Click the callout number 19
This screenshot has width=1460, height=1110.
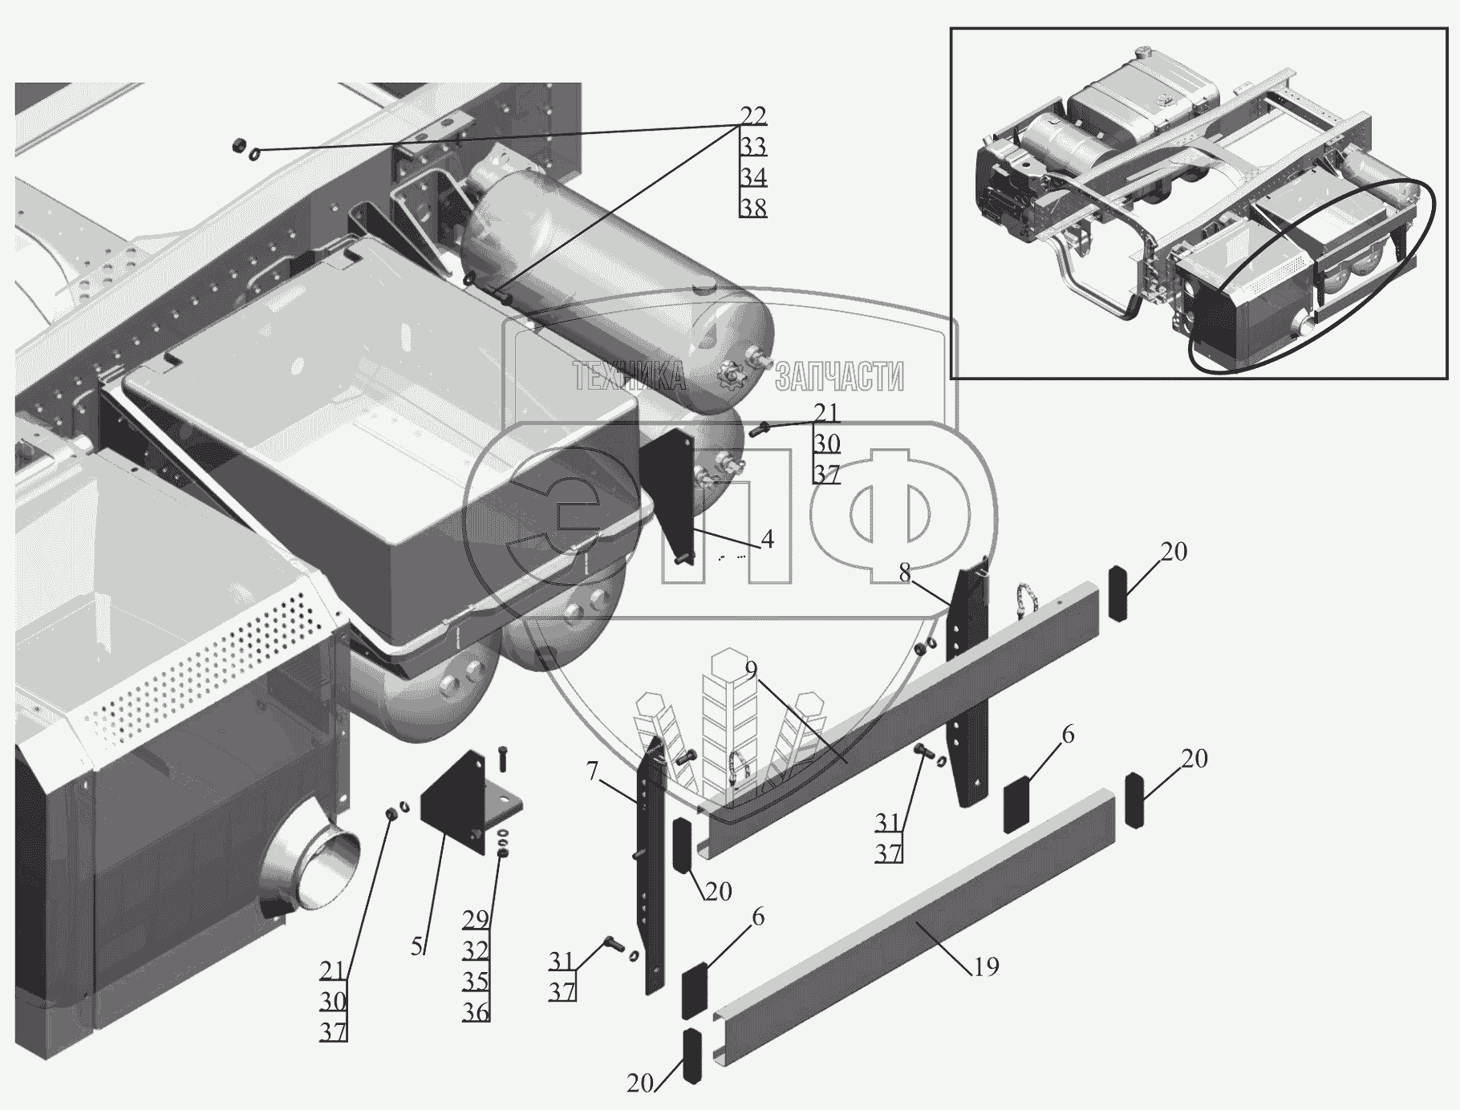[x=986, y=967]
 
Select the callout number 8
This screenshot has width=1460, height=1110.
[x=905, y=573]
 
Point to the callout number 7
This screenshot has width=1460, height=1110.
[x=592, y=772]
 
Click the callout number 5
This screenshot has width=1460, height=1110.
[x=417, y=946]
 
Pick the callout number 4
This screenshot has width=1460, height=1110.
[x=768, y=540]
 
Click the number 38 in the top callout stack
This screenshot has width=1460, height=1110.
[x=753, y=208]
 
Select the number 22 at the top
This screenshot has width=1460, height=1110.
[x=753, y=116]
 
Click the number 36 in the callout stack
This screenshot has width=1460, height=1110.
[x=476, y=1012]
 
